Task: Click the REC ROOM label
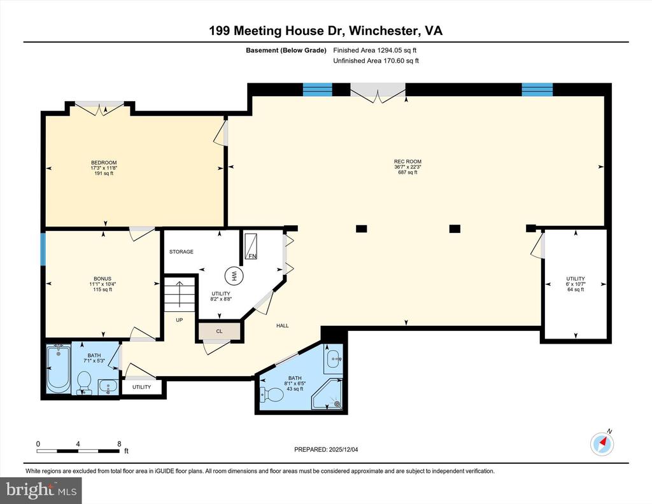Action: pyautogui.click(x=407, y=162)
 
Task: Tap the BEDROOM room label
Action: pyautogui.click(x=104, y=163)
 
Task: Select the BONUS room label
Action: pyautogui.click(x=102, y=279)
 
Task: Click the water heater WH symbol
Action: pyautogui.click(x=234, y=276)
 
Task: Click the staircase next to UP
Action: pyautogui.click(x=179, y=296)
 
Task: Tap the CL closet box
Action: pyautogui.click(x=220, y=331)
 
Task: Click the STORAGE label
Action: pyautogui.click(x=181, y=252)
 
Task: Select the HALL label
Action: pyautogui.click(x=282, y=326)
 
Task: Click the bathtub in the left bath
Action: pyautogui.click(x=59, y=370)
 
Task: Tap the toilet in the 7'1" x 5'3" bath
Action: pyautogui.click(x=83, y=383)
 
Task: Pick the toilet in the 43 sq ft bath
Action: pyautogui.click(x=272, y=395)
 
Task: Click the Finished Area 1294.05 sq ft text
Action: pyautogui.click(x=375, y=50)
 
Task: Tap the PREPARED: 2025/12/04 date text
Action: pyautogui.click(x=330, y=450)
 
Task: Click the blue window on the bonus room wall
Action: pyautogui.click(x=43, y=249)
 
